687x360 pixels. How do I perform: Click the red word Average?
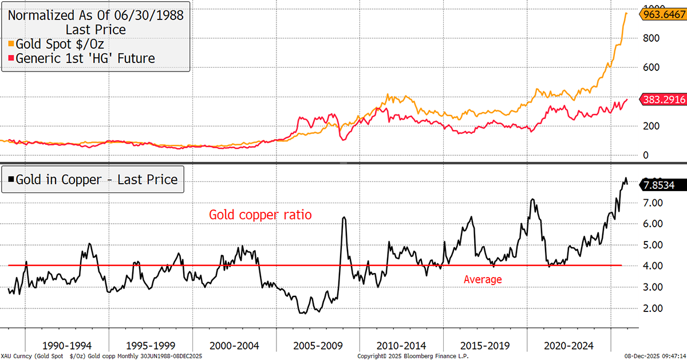point(483,279)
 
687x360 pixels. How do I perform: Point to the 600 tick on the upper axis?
point(651,68)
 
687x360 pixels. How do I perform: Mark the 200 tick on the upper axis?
point(651,126)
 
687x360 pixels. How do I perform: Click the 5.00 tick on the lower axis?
point(653,245)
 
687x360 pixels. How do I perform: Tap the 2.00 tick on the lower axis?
point(653,308)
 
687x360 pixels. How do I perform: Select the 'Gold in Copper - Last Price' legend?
point(93,179)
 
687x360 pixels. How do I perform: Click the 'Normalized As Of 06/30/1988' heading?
point(96,15)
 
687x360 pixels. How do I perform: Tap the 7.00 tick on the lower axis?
point(653,203)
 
